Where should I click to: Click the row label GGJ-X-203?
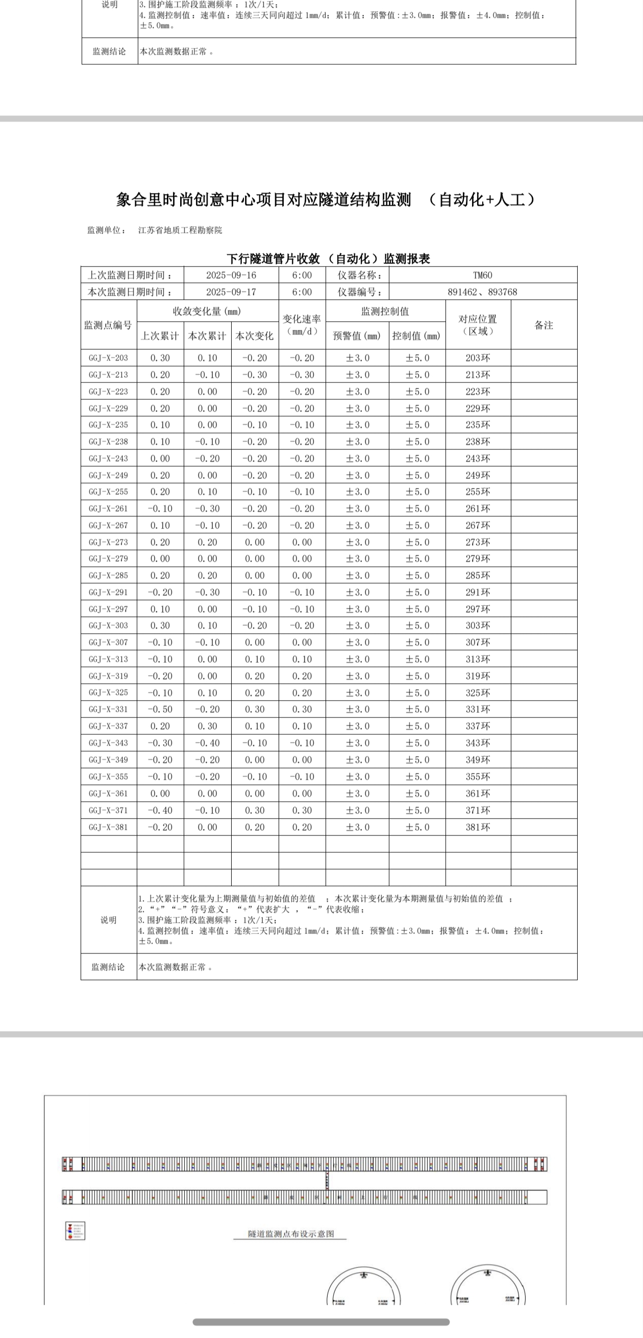pyautogui.click(x=108, y=358)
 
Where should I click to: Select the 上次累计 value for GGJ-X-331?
pyautogui.click(x=160, y=709)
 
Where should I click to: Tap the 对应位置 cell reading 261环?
pyautogui.click(x=478, y=509)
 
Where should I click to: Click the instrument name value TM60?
pyautogui.click(x=483, y=275)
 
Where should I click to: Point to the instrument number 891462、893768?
pyautogui.click(x=483, y=292)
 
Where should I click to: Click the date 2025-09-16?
pyautogui.click(x=231, y=275)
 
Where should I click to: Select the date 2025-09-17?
pyautogui.click(x=231, y=292)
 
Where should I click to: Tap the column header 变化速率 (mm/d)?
pyautogui.click(x=302, y=325)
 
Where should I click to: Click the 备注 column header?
pyautogui.click(x=543, y=325)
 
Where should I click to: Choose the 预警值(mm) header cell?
pyautogui.click(x=357, y=336)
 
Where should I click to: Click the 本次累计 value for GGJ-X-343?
pyautogui.click(x=207, y=743)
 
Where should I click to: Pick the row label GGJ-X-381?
pyautogui.click(x=108, y=827)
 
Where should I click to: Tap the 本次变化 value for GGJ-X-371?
pyautogui.click(x=255, y=810)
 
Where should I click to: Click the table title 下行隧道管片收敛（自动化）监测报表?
pyautogui.click(x=329, y=259)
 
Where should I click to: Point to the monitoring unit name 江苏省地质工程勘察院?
pyautogui.click(x=180, y=230)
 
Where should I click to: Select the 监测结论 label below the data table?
pyautogui.click(x=108, y=967)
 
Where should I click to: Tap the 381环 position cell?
pyautogui.click(x=478, y=827)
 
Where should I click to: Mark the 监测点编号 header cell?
pyautogui.click(x=108, y=325)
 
